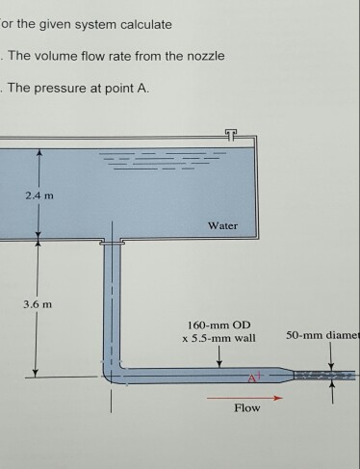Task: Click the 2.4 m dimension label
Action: click(x=41, y=198)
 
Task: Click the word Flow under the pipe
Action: click(x=247, y=408)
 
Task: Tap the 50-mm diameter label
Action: click(x=322, y=336)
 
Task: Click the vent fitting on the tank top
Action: click(x=228, y=133)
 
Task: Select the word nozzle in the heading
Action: click(x=203, y=56)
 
